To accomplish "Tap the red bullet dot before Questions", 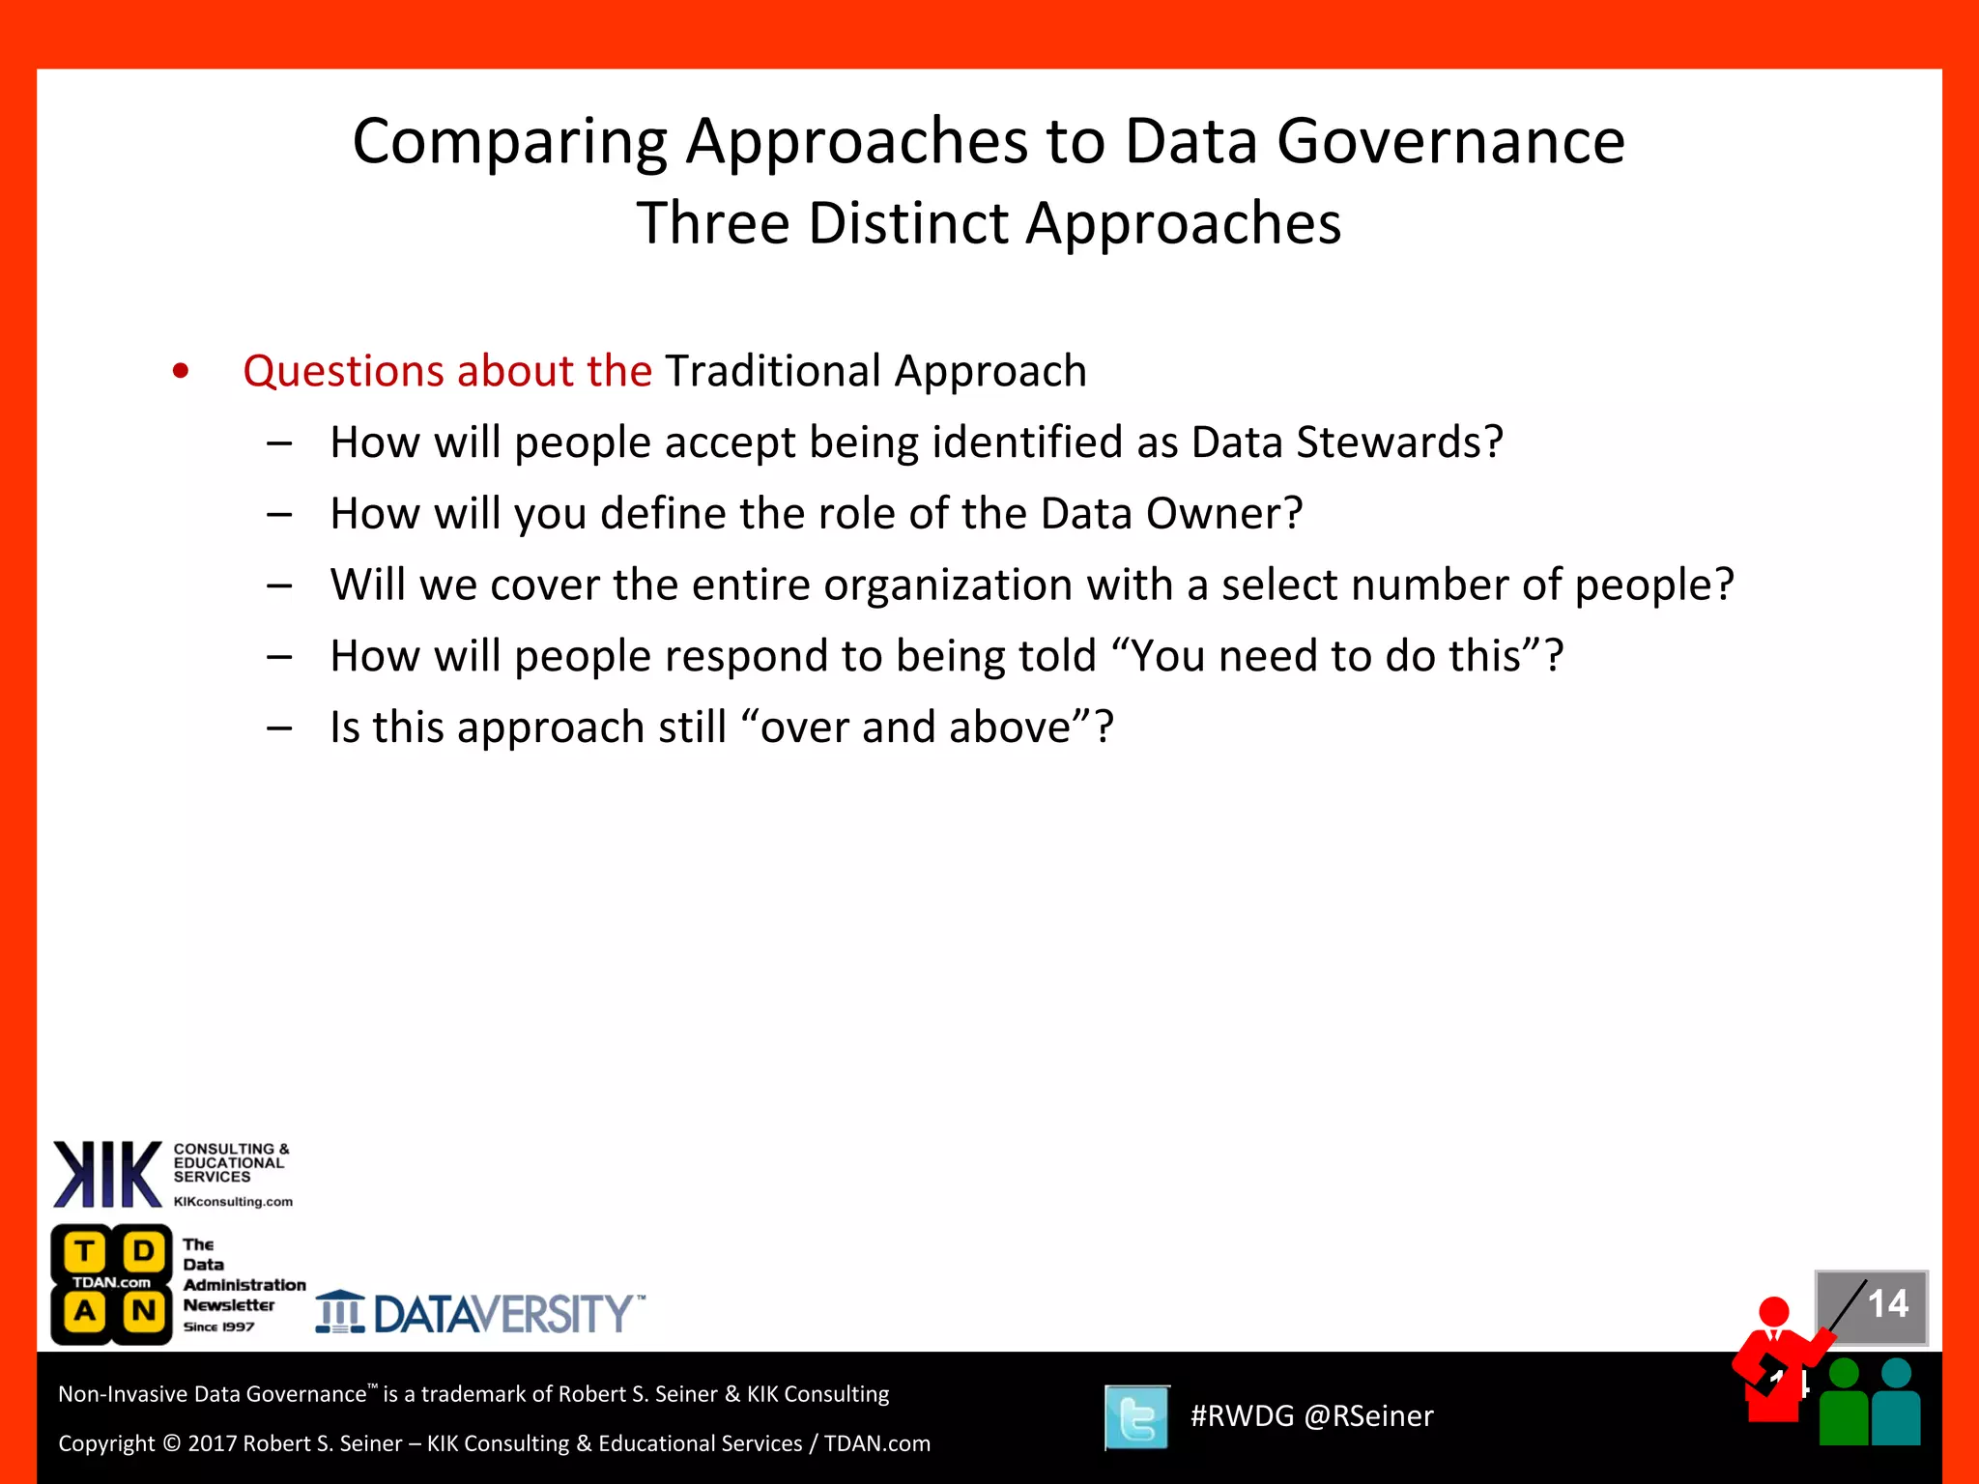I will pyautogui.click(x=181, y=372).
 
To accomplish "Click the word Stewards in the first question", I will pyautogui.click(x=1398, y=442).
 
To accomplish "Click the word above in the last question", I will pyautogui.click(x=1019, y=728).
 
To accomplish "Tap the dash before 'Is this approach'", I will pyautogui.click(x=279, y=728).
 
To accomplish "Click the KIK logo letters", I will pyautogui.click(x=107, y=1174).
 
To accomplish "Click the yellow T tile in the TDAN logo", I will pyautogui.click(x=85, y=1252).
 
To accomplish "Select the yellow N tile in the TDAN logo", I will pyautogui.click(x=144, y=1312).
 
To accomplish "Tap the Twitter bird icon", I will pyautogui.click(x=1137, y=1417).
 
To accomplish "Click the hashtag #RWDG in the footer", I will pyautogui.click(x=1242, y=1416).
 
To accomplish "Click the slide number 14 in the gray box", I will pyautogui.click(x=1887, y=1304).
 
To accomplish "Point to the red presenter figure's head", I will pyautogui.click(x=1774, y=1311).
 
